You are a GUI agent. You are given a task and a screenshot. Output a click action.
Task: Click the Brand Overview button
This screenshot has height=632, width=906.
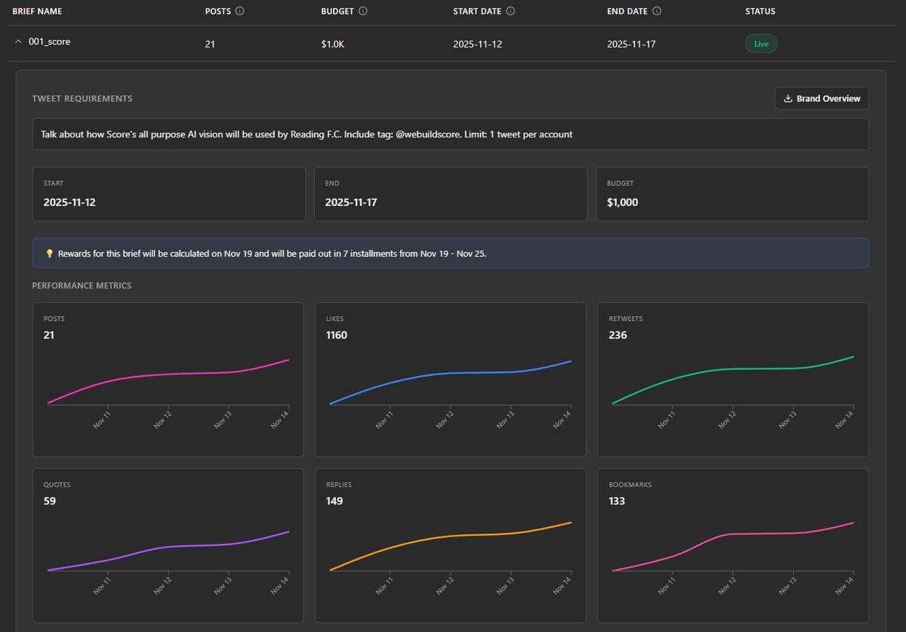[x=821, y=98]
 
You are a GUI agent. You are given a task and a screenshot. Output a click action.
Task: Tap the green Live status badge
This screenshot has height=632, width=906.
[x=761, y=44]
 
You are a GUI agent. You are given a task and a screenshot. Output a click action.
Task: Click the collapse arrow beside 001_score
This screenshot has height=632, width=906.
[x=18, y=42]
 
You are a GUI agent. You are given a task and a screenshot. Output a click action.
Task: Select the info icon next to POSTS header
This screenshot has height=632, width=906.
[x=240, y=11]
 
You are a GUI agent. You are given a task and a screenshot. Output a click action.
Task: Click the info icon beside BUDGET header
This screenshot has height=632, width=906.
[x=362, y=11]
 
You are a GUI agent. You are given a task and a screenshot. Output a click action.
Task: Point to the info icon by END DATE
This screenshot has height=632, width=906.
[x=657, y=11]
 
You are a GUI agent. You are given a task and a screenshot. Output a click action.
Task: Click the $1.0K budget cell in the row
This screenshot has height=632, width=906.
[x=334, y=44]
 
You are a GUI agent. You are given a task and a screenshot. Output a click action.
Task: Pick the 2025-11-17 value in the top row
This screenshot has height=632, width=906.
[x=631, y=44]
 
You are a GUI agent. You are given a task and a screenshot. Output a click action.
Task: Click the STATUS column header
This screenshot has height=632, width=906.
[x=760, y=11]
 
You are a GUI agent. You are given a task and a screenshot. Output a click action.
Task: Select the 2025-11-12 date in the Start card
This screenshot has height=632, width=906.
[x=69, y=202]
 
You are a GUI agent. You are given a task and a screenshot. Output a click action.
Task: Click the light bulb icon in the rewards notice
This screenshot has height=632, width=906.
[x=49, y=254]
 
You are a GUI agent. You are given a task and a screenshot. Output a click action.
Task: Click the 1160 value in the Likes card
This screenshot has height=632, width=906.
[x=337, y=334]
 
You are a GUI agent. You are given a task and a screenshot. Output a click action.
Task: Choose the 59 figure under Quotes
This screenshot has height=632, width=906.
[x=50, y=501]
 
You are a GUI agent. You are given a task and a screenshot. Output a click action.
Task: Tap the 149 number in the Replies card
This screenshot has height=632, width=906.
[x=334, y=501]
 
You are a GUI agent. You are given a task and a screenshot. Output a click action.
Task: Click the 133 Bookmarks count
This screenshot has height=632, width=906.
[x=618, y=501]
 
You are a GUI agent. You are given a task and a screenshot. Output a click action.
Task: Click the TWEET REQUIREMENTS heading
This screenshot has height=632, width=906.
[x=82, y=98]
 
